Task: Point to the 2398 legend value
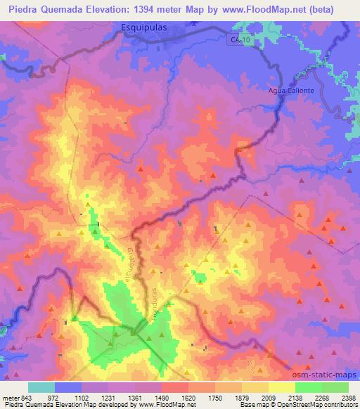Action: [348, 398]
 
